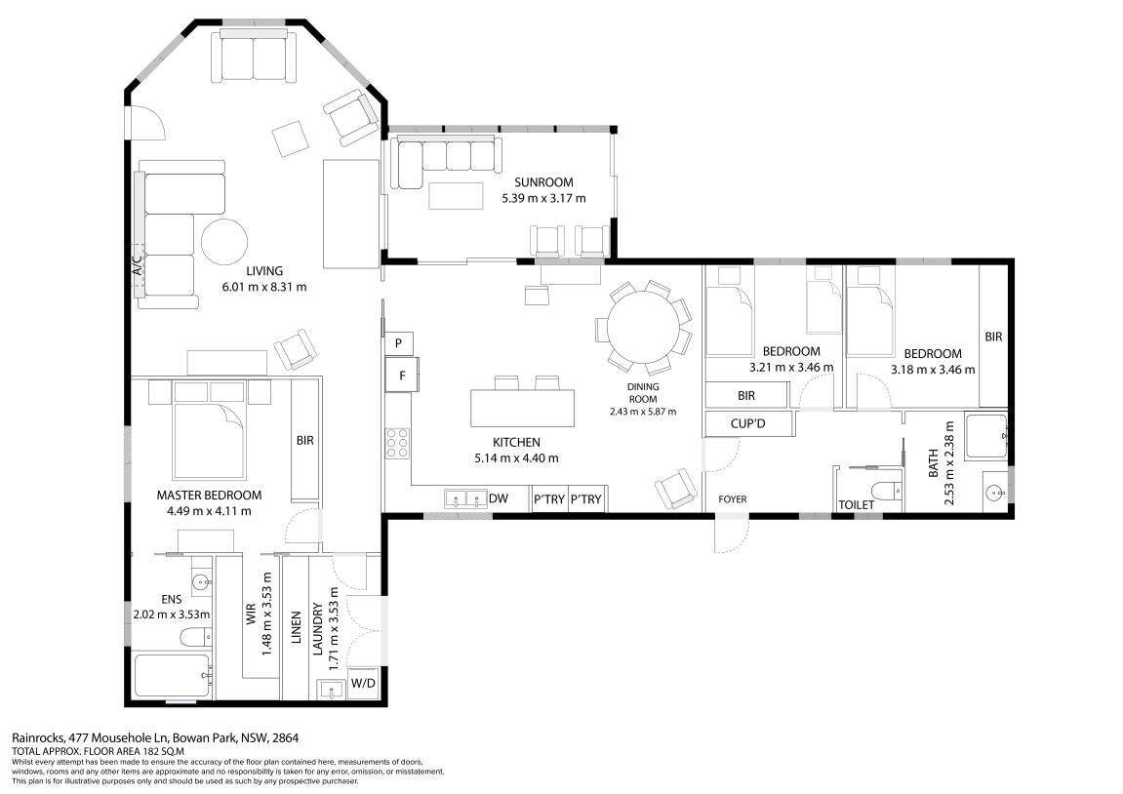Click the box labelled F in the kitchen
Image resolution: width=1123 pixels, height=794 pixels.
click(x=401, y=374)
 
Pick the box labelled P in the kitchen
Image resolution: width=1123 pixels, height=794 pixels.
click(x=399, y=343)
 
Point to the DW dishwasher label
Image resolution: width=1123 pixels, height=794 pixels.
click(x=499, y=498)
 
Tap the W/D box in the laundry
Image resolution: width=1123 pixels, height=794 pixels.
click(x=362, y=683)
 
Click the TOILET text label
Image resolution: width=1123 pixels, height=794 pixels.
click(x=857, y=504)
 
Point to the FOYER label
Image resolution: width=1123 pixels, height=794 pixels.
click(x=732, y=499)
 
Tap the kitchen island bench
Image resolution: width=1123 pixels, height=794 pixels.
click(x=522, y=408)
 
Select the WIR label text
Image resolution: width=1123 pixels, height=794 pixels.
click(x=251, y=615)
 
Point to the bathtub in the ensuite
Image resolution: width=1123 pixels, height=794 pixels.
click(x=172, y=675)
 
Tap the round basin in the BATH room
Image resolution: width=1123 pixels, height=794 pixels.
click(x=993, y=491)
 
